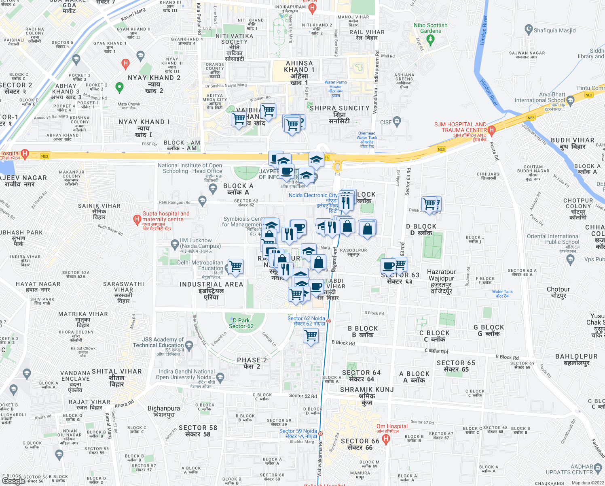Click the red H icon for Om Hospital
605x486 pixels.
(386, 439)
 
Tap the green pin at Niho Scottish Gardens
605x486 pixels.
(430, 39)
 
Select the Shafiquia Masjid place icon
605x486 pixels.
(528, 30)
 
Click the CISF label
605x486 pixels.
(386, 122)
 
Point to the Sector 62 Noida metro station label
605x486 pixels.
(306, 321)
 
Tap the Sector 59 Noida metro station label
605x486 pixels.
(298, 434)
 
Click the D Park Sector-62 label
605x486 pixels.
(241, 323)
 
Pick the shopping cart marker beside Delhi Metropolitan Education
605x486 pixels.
(236, 266)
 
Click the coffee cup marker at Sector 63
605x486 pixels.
(388, 266)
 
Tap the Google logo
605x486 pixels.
(13, 481)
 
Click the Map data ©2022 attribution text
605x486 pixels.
(588, 483)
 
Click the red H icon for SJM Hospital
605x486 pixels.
(491, 130)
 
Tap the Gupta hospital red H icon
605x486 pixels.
(137, 220)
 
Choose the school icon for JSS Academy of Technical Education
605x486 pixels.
(189, 345)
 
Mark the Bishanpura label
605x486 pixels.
(164, 411)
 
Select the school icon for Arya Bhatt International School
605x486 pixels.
(570, 100)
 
